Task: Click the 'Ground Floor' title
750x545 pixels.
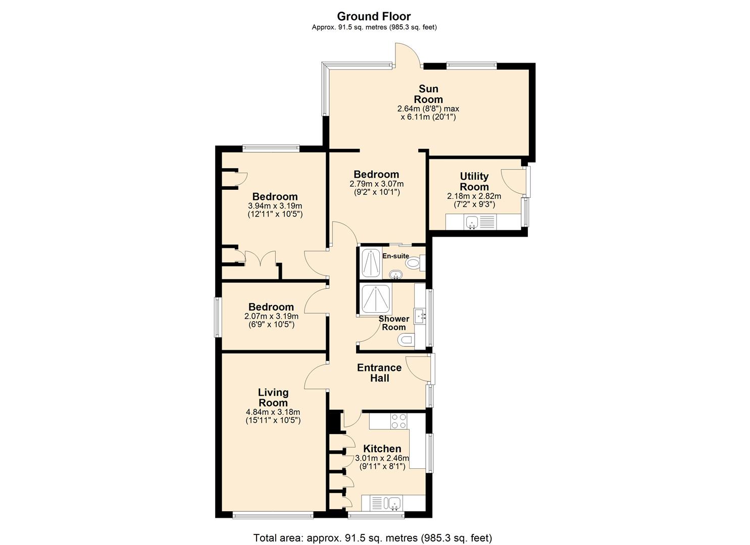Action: tap(374, 16)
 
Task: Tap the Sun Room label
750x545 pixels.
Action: tap(428, 94)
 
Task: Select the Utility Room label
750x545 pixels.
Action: tap(474, 181)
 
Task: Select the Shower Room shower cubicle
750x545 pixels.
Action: tap(374, 300)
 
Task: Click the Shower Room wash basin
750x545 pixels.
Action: tap(420, 316)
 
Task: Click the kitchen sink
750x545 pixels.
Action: tap(393, 503)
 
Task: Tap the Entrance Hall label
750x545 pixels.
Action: tap(379, 373)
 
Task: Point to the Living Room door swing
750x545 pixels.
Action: tap(316, 377)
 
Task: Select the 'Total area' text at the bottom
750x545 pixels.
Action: tap(372, 538)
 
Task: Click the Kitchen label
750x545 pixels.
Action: tap(382, 449)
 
